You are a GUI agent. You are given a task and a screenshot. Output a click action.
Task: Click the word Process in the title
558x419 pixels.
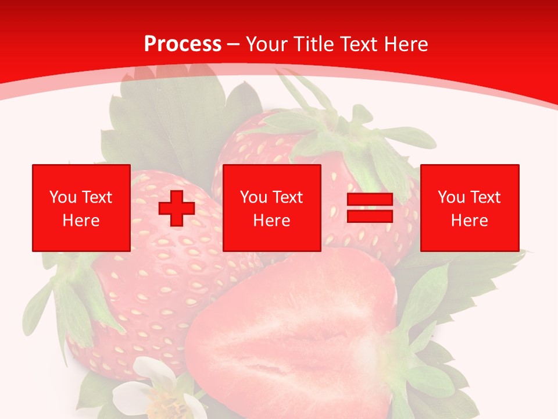[183, 44]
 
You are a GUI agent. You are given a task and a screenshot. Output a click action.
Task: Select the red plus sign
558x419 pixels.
[177, 208]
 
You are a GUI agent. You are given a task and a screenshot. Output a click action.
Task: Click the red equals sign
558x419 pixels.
[370, 208]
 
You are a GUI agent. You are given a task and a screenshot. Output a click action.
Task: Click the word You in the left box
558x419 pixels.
[63, 197]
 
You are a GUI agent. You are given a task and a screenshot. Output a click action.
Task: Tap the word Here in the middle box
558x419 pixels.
[271, 221]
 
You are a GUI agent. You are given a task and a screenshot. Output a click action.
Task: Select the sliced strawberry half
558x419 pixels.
[291, 338]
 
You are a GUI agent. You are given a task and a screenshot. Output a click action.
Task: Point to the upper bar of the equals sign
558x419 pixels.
[370, 199]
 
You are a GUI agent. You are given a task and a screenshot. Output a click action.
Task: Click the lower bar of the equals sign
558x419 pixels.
[370, 216]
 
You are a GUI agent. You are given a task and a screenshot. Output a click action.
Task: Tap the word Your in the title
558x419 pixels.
[266, 44]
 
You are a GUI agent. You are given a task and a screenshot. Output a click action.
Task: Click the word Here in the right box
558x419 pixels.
[470, 221]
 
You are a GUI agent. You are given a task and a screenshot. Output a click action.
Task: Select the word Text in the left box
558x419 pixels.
[96, 197]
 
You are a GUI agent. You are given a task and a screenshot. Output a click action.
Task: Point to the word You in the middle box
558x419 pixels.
[253, 197]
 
